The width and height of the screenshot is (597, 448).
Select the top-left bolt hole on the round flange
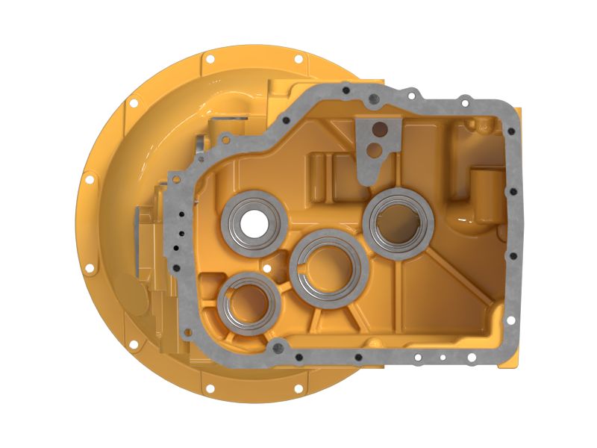(x=210, y=58)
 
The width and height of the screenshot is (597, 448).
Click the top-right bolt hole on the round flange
(x=298, y=58)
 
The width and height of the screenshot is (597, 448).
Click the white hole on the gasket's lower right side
(x=510, y=320)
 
